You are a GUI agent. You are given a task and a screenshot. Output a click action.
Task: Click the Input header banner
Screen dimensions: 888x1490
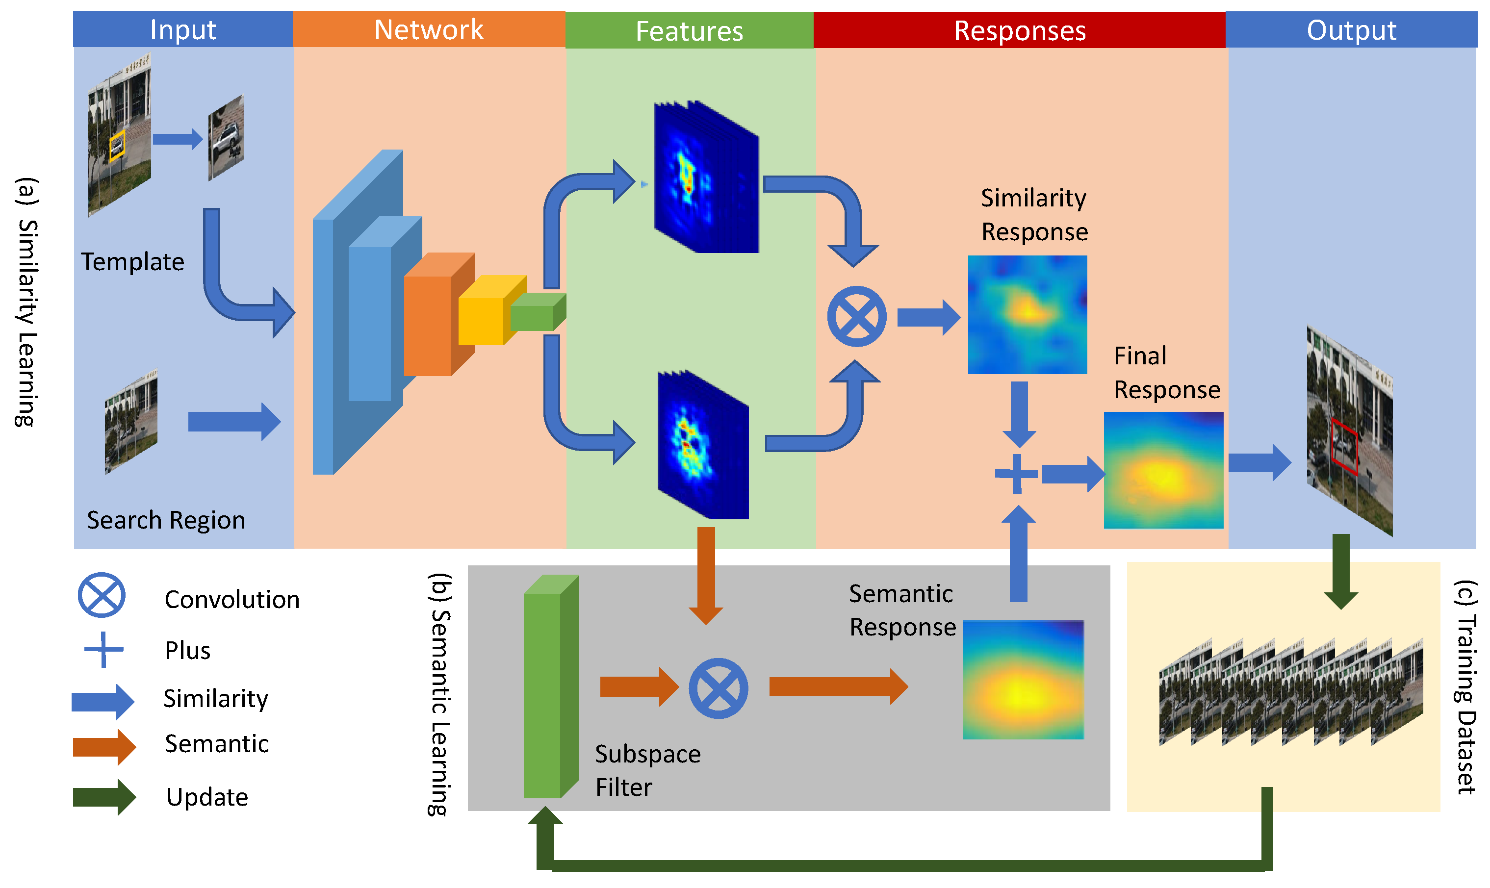click(x=182, y=29)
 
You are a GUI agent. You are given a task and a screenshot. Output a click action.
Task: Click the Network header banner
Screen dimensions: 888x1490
click(x=429, y=29)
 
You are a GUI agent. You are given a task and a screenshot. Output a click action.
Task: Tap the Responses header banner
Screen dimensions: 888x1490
click(x=1019, y=30)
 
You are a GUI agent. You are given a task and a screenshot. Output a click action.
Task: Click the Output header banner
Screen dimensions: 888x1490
click(x=1351, y=30)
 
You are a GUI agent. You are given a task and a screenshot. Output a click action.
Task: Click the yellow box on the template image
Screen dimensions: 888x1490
click(x=117, y=146)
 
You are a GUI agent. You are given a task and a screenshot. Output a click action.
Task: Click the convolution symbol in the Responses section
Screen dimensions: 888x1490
click(x=856, y=317)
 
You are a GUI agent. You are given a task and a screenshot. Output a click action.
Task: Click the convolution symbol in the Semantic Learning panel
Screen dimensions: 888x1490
click(x=718, y=688)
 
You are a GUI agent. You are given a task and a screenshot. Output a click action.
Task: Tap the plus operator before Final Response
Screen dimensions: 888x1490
click(x=1016, y=474)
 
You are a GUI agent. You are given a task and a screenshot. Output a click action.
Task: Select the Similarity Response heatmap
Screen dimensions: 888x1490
click(x=1027, y=315)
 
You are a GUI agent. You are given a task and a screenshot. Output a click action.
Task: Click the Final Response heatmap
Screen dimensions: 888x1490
click(x=1163, y=470)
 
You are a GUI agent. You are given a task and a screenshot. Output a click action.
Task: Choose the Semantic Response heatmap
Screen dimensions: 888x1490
click(x=1023, y=680)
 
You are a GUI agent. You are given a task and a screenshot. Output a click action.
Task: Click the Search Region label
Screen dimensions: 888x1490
click(x=166, y=519)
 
